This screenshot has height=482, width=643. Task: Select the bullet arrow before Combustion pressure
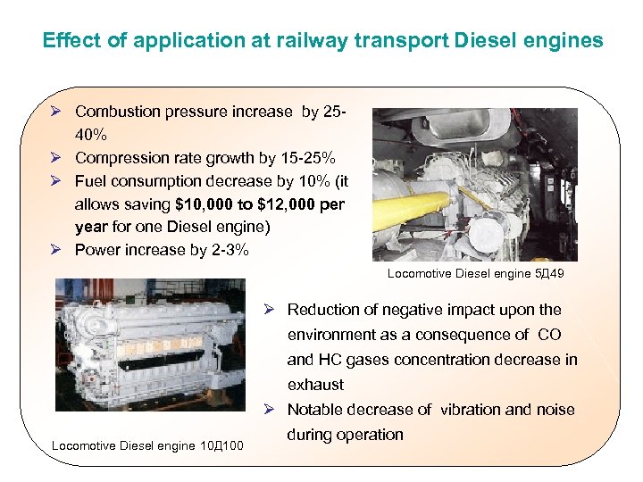56,112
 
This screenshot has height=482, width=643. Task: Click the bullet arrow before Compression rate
56,158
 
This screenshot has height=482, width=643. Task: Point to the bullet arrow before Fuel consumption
56,181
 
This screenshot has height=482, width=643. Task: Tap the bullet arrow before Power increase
56,250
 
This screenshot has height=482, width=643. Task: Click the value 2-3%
229,250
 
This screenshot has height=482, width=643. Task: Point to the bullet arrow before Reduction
269,310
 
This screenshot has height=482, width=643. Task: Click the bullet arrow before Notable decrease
269,410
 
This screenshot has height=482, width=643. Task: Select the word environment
331,335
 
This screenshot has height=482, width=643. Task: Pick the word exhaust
315,385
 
